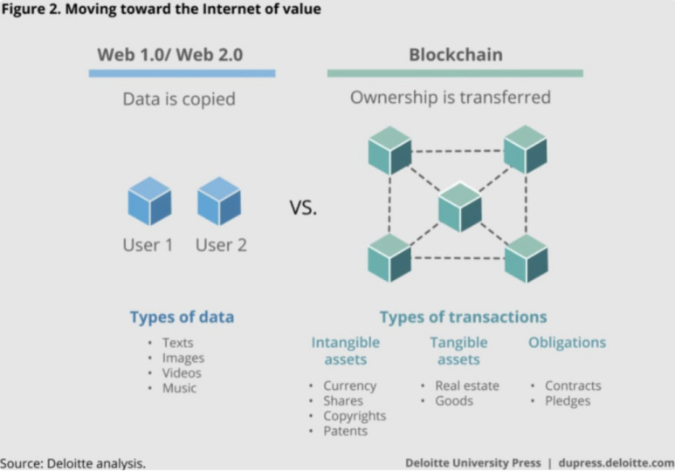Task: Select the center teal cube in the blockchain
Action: pos(459,207)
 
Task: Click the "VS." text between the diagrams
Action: pos(303,208)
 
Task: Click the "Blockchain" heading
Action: pos(456,55)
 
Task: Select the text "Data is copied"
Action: pos(178,99)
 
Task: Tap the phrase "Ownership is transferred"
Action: pos(451,97)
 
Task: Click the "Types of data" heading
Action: pos(182,317)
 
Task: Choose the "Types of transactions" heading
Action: pos(463,317)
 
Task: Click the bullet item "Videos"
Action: pos(182,372)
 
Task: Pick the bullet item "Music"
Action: pos(179,387)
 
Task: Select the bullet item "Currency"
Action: pos(349,386)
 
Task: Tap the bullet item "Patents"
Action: pos(346,431)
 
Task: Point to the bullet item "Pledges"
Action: pos(568,400)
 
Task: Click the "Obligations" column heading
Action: pos(567,343)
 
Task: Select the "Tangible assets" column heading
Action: pos(459,351)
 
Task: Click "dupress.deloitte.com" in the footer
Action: pos(616,462)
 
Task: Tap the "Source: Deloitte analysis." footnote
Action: pos(72,462)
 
